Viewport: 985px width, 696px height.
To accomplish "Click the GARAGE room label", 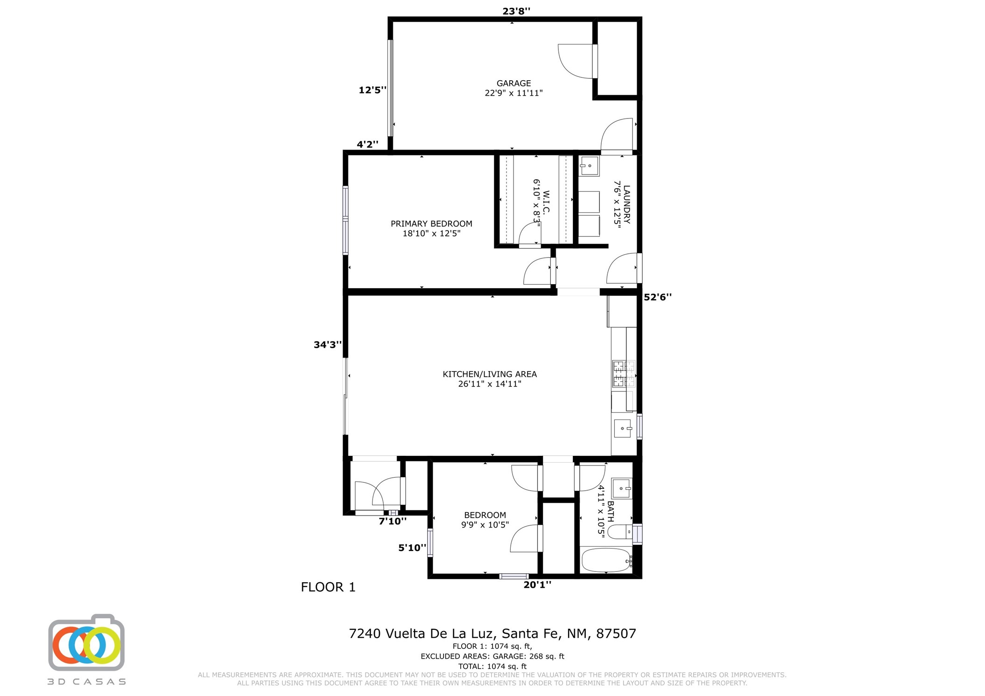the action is (514, 83).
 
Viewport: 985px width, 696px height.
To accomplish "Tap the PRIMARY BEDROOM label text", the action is (431, 223).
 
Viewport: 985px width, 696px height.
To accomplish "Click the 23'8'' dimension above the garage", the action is (516, 11).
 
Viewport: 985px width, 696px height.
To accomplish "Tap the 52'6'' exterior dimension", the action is (658, 297).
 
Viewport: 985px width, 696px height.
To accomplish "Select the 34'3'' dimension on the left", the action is (328, 345).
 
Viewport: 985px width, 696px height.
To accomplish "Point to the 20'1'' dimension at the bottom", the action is (537, 585).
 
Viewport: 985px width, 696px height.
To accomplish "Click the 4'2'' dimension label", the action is (367, 144).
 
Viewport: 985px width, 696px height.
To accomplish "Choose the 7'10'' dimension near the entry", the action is (392, 521).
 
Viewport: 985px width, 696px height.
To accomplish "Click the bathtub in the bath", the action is (606, 560).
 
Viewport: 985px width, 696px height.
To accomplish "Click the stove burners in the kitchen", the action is (624, 374).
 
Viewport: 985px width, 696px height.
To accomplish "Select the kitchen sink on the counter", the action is (623, 428).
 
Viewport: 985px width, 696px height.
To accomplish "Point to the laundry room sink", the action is (589, 166).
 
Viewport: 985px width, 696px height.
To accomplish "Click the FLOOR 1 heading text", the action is (328, 587).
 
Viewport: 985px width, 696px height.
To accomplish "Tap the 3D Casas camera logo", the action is (86, 643).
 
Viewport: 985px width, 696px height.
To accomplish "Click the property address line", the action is (492, 633).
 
